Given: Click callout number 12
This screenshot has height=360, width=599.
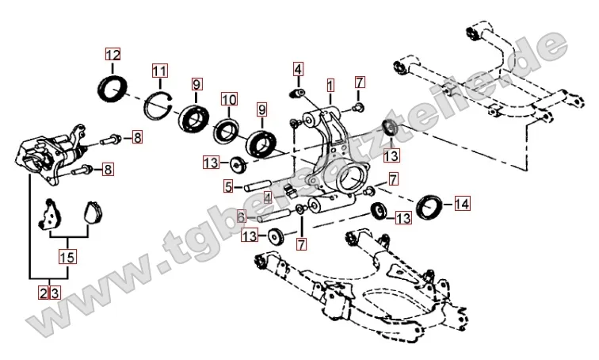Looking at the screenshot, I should pyautogui.click(x=113, y=55).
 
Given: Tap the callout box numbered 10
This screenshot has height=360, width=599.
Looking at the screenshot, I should pyautogui.click(x=229, y=100).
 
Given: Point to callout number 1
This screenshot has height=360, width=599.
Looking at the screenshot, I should pyautogui.click(x=330, y=83).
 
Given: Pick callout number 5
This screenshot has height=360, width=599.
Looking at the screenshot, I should pyautogui.click(x=227, y=187).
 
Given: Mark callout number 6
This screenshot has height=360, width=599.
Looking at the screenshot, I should pyautogui.click(x=240, y=216).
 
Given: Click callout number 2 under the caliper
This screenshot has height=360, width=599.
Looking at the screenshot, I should pyautogui.click(x=43, y=293).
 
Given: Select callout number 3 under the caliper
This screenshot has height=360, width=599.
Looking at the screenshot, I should pyautogui.click(x=55, y=293).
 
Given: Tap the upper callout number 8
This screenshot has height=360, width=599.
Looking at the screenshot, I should pyautogui.click(x=137, y=139).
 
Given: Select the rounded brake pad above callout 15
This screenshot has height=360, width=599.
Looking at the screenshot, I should pyautogui.click(x=93, y=213).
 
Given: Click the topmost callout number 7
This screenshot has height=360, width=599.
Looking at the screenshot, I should pyautogui.click(x=360, y=82).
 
